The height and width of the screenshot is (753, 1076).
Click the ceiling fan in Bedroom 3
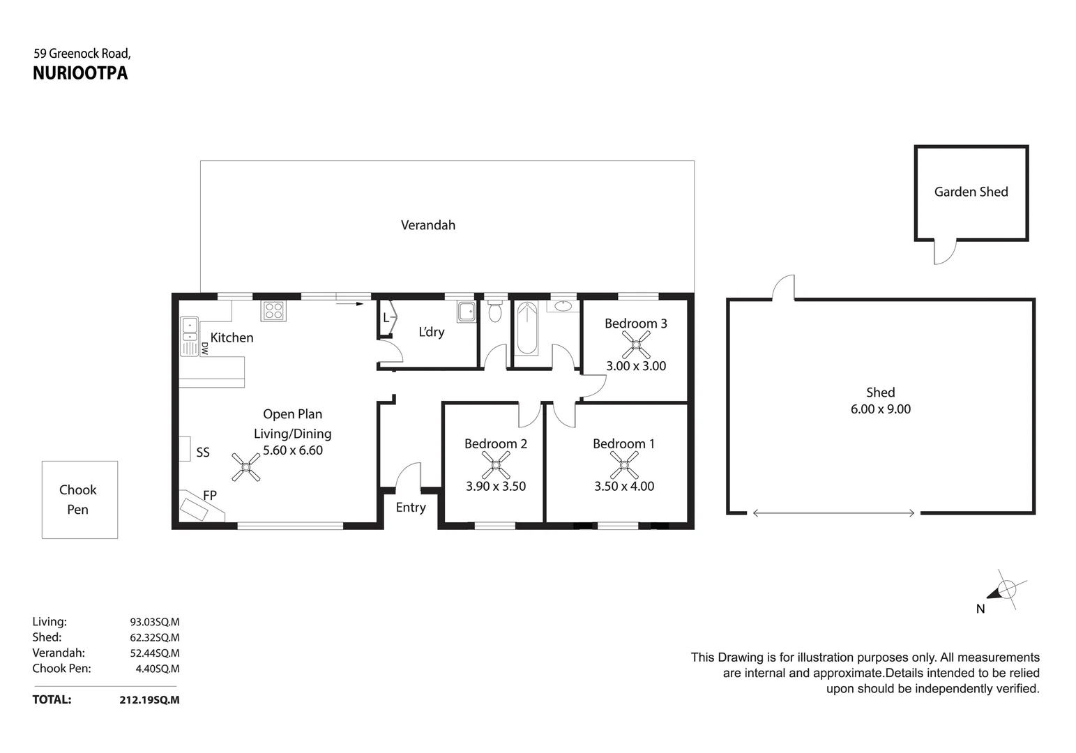point(636,344)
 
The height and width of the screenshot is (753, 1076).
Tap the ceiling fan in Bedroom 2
point(496,465)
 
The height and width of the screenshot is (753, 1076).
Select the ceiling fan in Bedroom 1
point(624,465)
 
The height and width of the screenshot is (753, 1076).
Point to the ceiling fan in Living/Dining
point(246,467)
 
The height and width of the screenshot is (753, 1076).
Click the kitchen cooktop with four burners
point(273,311)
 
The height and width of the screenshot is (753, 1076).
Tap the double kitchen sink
point(189,336)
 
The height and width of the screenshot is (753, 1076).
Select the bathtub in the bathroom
point(527,328)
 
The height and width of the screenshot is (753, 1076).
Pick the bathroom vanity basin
point(563,305)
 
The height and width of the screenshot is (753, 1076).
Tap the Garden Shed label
point(971,192)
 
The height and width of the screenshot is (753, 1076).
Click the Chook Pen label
point(78,499)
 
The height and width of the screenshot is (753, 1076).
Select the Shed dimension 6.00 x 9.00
point(880,409)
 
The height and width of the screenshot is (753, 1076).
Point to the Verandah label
point(427,225)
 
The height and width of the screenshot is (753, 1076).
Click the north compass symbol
point(1005,591)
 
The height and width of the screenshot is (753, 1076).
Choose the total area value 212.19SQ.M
point(149,700)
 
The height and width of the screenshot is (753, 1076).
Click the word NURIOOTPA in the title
point(80,74)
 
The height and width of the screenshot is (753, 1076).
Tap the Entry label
point(411,508)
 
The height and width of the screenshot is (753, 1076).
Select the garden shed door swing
point(944,252)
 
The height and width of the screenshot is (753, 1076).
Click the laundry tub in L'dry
point(467,312)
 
